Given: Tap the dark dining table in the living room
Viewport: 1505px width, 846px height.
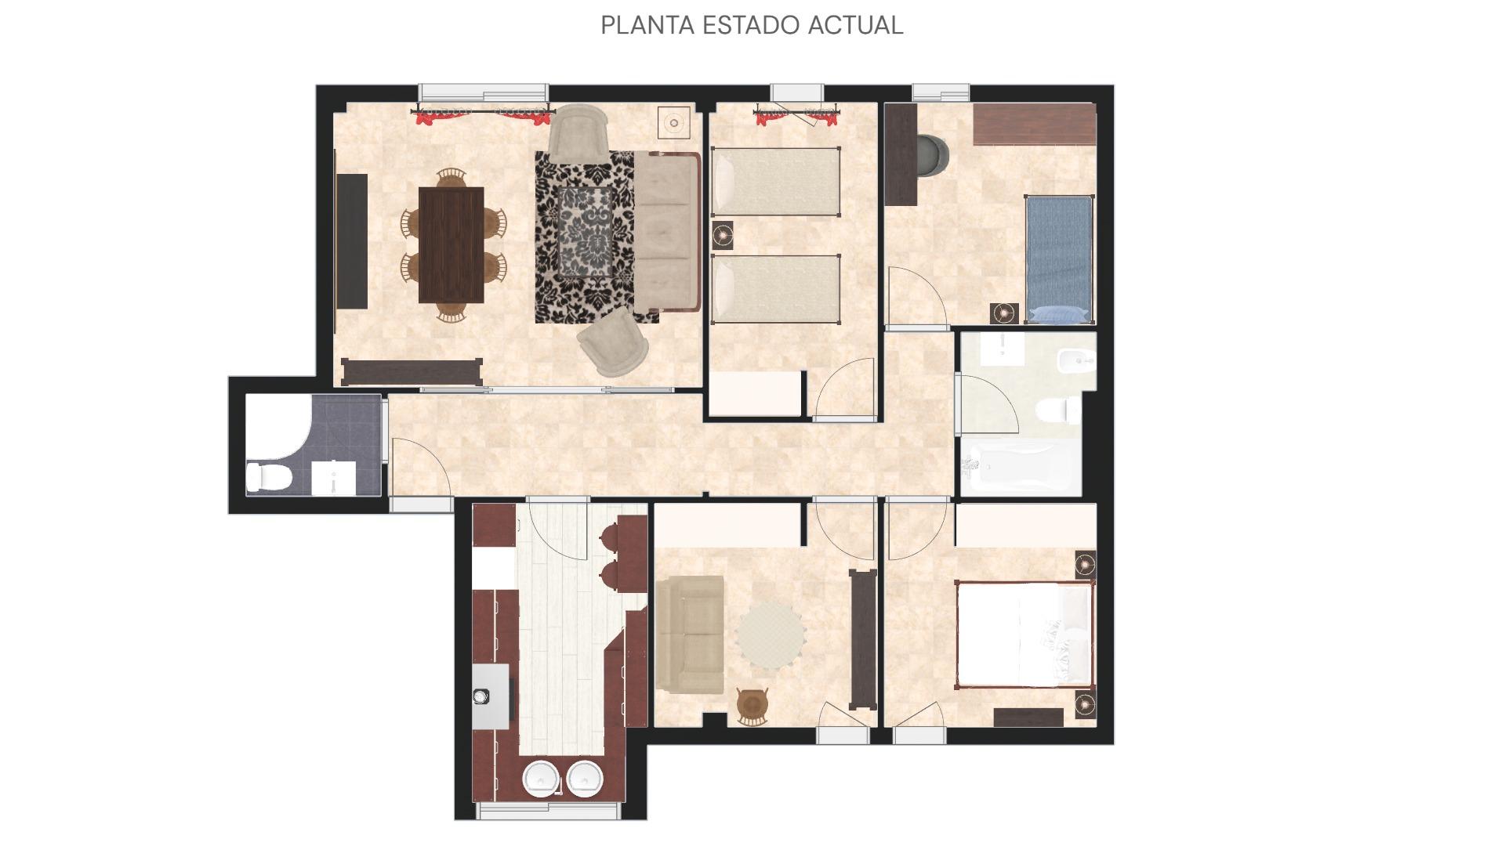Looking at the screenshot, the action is coord(451,244).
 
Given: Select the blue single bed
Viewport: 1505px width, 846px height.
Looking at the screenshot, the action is coord(1059,259).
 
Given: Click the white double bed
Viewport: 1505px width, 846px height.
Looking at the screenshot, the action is coord(1024,635).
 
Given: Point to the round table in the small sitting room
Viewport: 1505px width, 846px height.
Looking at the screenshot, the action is coord(771,634).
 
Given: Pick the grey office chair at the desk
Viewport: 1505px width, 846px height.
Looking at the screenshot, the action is coord(931,154).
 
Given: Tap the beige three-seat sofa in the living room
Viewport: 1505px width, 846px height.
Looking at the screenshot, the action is coord(666,232).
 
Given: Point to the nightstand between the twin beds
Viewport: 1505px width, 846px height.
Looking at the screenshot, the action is coord(722,233).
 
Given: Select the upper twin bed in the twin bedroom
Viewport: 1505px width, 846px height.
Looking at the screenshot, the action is coord(776,182).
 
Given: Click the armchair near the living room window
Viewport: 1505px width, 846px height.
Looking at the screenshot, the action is coord(578,133).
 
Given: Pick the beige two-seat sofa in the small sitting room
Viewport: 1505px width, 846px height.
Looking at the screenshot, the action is coord(690,635).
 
